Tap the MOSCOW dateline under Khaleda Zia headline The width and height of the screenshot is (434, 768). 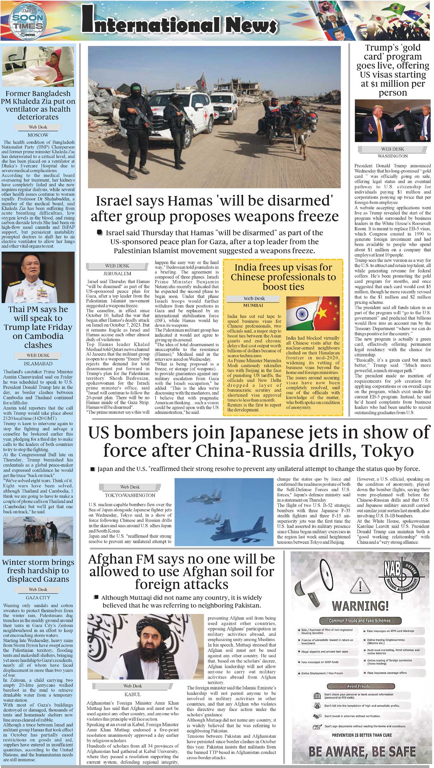[38, 135]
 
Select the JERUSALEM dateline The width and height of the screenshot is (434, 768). [117, 273]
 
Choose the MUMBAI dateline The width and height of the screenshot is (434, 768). [253, 305]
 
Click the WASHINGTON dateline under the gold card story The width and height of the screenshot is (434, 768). [392, 156]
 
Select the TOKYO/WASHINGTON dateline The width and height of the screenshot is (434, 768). [130, 495]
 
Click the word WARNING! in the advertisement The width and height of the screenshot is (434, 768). [360, 606]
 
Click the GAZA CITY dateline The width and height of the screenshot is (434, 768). [38, 598]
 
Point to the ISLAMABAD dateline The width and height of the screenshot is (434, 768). [38, 363]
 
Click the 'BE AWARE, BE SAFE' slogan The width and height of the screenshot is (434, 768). [362, 751]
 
